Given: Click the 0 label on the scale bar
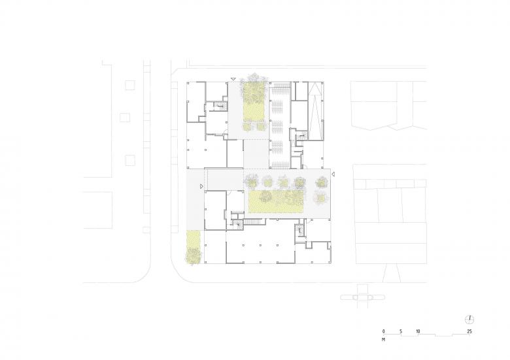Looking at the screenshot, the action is click(x=383, y=331).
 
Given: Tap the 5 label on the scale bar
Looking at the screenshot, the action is click(x=401, y=331).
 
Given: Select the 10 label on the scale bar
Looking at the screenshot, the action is click(x=418, y=331).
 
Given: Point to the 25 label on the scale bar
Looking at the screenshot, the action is click(x=469, y=331).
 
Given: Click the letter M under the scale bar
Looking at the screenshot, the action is click(x=384, y=340).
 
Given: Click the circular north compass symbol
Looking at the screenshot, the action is click(x=469, y=319).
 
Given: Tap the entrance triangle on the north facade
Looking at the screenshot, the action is click(x=233, y=79).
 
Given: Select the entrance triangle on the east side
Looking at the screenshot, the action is click(x=333, y=174).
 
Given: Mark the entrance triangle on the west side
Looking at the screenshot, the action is click(x=201, y=186).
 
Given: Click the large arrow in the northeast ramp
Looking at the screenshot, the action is click(x=315, y=110).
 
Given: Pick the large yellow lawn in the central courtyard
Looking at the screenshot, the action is click(x=276, y=201).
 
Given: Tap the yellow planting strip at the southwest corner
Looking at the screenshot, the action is click(x=194, y=246).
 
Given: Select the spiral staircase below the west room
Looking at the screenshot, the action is click(x=238, y=223).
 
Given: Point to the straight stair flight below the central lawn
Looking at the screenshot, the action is click(x=253, y=221).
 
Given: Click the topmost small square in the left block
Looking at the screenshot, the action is click(x=130, y=85).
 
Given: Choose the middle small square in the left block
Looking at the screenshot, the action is click(x=125, y=118).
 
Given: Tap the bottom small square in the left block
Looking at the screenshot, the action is click(x=130, y=160).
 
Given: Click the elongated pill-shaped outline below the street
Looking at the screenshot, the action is click(x=363, y=297).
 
